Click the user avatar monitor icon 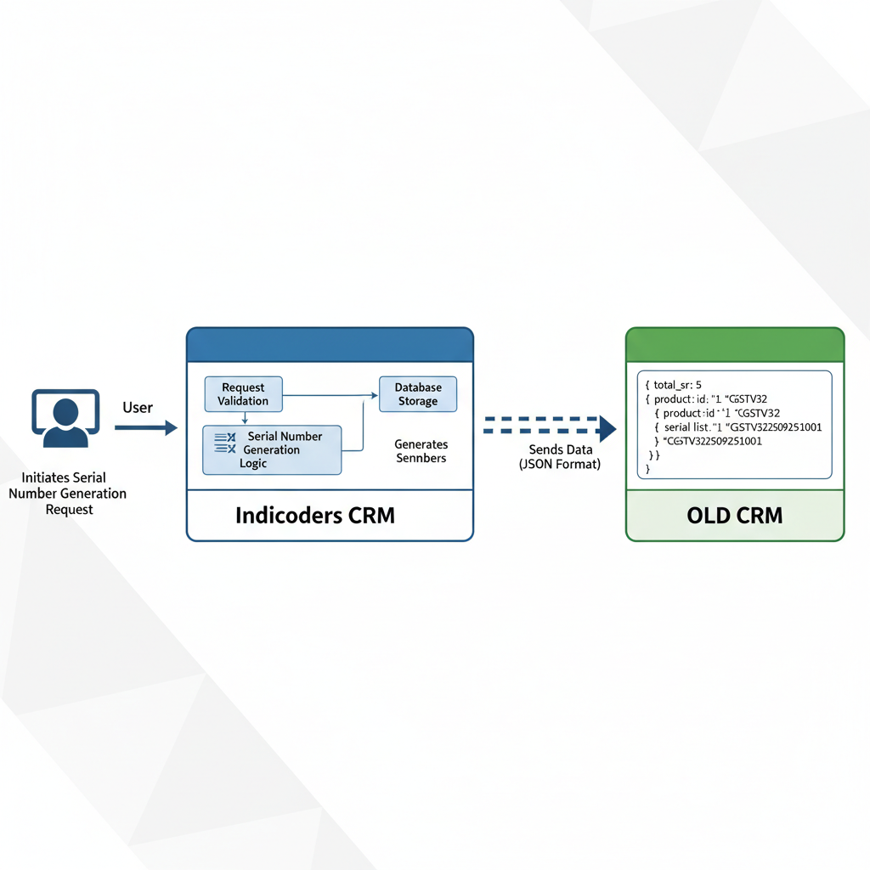point(65,419)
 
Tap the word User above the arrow point(138,408)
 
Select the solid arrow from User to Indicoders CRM point(145,428)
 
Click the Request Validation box point(243,394)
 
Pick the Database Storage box point(417,394)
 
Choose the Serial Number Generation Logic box point(271,449)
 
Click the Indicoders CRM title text point(314,516)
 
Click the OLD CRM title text point(735,516)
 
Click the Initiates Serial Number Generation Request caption point(67,494)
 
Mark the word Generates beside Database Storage point(421,444)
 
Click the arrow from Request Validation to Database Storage point(331,394)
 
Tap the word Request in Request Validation point(243,388)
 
